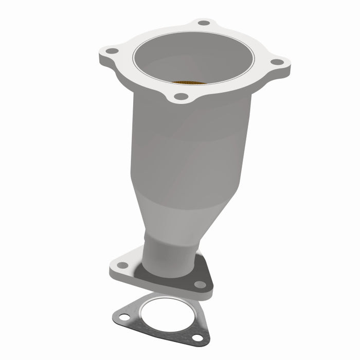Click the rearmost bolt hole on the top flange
click(x=204, y=23)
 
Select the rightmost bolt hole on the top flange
click(x=277, y=62)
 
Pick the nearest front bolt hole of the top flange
click(x=180, y=96)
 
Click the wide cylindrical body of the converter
click(x=185, y=149)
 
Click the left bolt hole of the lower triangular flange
click(x=122, y=265)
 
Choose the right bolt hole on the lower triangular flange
click(x=200, y=284)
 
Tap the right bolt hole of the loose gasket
click(x=197, y=337)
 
